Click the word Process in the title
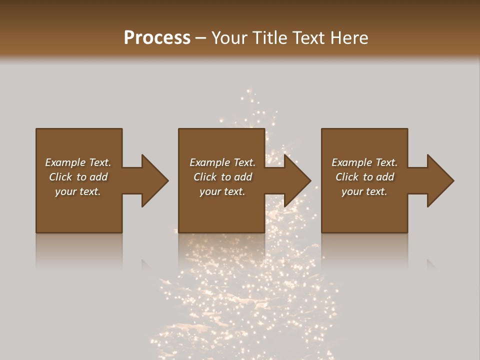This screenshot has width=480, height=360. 157,37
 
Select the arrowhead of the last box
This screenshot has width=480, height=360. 439,180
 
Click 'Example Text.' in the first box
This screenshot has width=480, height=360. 78,162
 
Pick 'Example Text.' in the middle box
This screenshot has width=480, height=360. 222,162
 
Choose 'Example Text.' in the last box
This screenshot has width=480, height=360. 364,162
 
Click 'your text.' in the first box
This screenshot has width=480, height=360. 78,191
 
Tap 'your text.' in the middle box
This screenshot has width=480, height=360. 222,191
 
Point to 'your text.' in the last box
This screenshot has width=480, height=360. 364,191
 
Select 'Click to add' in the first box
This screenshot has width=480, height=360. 78,177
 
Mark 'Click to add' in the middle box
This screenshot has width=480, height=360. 222,177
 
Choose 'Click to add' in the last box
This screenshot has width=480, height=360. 364,177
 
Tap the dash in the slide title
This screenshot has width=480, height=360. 201,38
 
